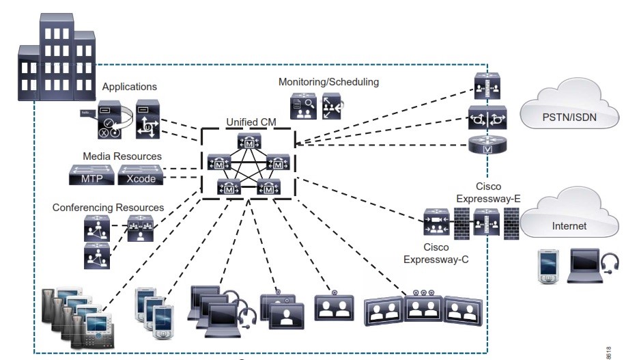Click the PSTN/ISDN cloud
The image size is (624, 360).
click(x=569, y=116)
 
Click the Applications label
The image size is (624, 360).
click(x=129, y=87)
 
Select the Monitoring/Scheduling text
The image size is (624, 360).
click(x=328, y=82)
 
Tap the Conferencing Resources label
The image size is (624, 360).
click(x=108, y=207)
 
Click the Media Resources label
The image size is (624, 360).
click(x=122, y=156)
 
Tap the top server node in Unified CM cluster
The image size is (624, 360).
click(x=249, y=142)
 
